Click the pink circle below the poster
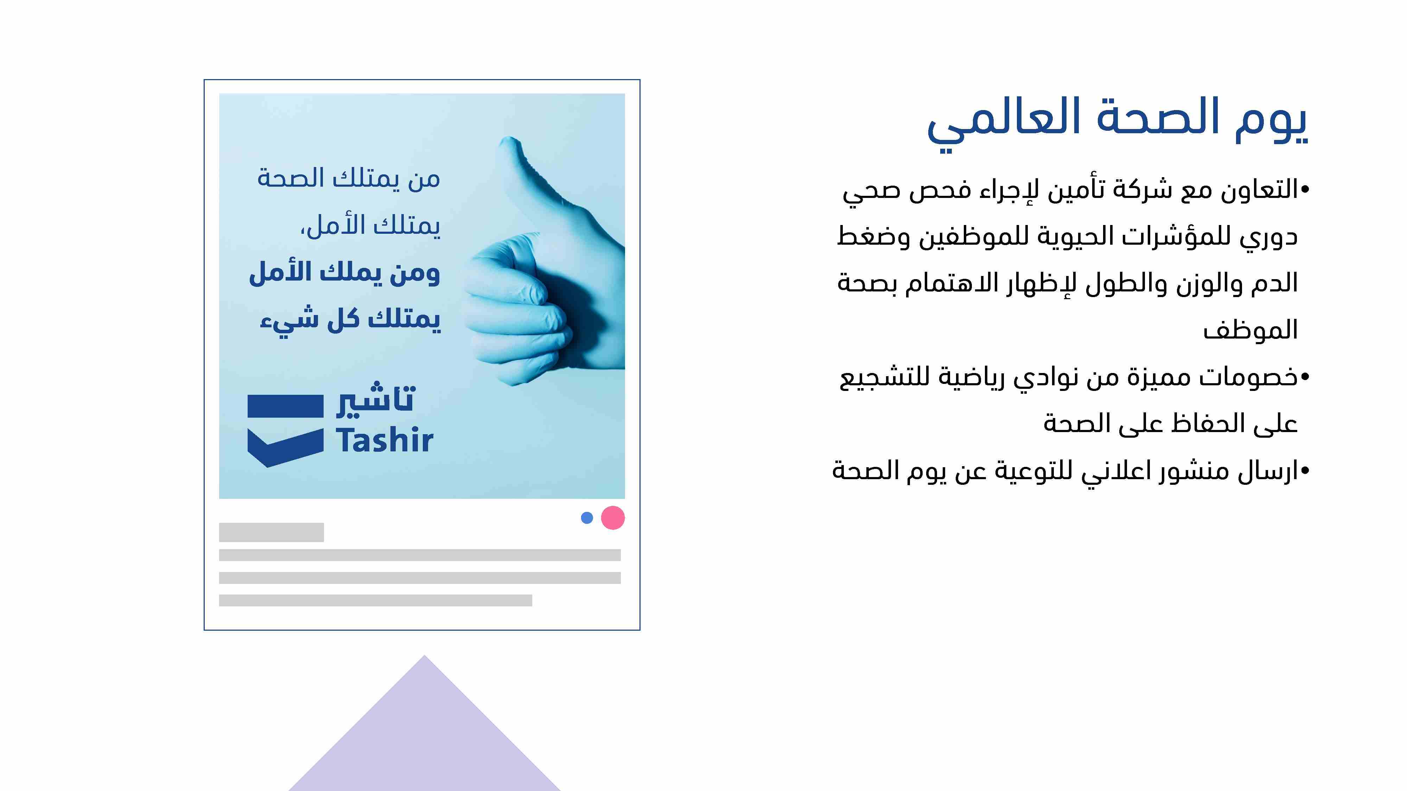[613, 517]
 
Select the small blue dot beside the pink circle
[587, 517]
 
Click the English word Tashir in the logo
[384, 440]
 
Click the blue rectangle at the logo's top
[285, 406]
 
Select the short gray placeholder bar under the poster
[272, 532]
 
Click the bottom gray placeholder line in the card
[375, 600]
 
